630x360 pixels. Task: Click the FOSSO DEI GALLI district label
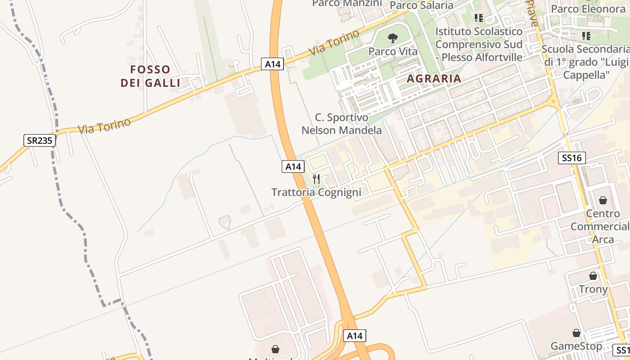point(150,76)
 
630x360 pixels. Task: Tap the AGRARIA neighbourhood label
point(434,78)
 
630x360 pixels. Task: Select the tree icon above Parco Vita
point(393,38)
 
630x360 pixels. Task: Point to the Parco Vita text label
point(393,51)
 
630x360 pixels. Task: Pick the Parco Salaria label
point(421,5)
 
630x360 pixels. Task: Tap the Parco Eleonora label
point(588,9)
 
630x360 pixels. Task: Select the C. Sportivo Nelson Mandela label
point(341,124)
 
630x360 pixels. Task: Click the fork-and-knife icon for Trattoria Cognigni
point(316,179)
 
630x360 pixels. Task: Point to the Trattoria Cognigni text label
point(316,193)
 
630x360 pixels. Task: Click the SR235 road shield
point(40,140)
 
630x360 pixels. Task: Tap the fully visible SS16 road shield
point(571,158)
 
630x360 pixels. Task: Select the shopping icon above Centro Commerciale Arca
point(603,200)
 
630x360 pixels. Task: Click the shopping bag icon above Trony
point(593,276)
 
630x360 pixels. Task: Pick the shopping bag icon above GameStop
point(576,333)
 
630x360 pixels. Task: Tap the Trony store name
point(593,289)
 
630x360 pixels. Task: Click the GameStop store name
point(576,346)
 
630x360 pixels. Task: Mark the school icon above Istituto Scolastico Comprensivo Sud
point(478,18)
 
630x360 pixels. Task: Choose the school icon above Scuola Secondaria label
point(585,36)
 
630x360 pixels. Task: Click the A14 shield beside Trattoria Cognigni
point(293,166)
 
